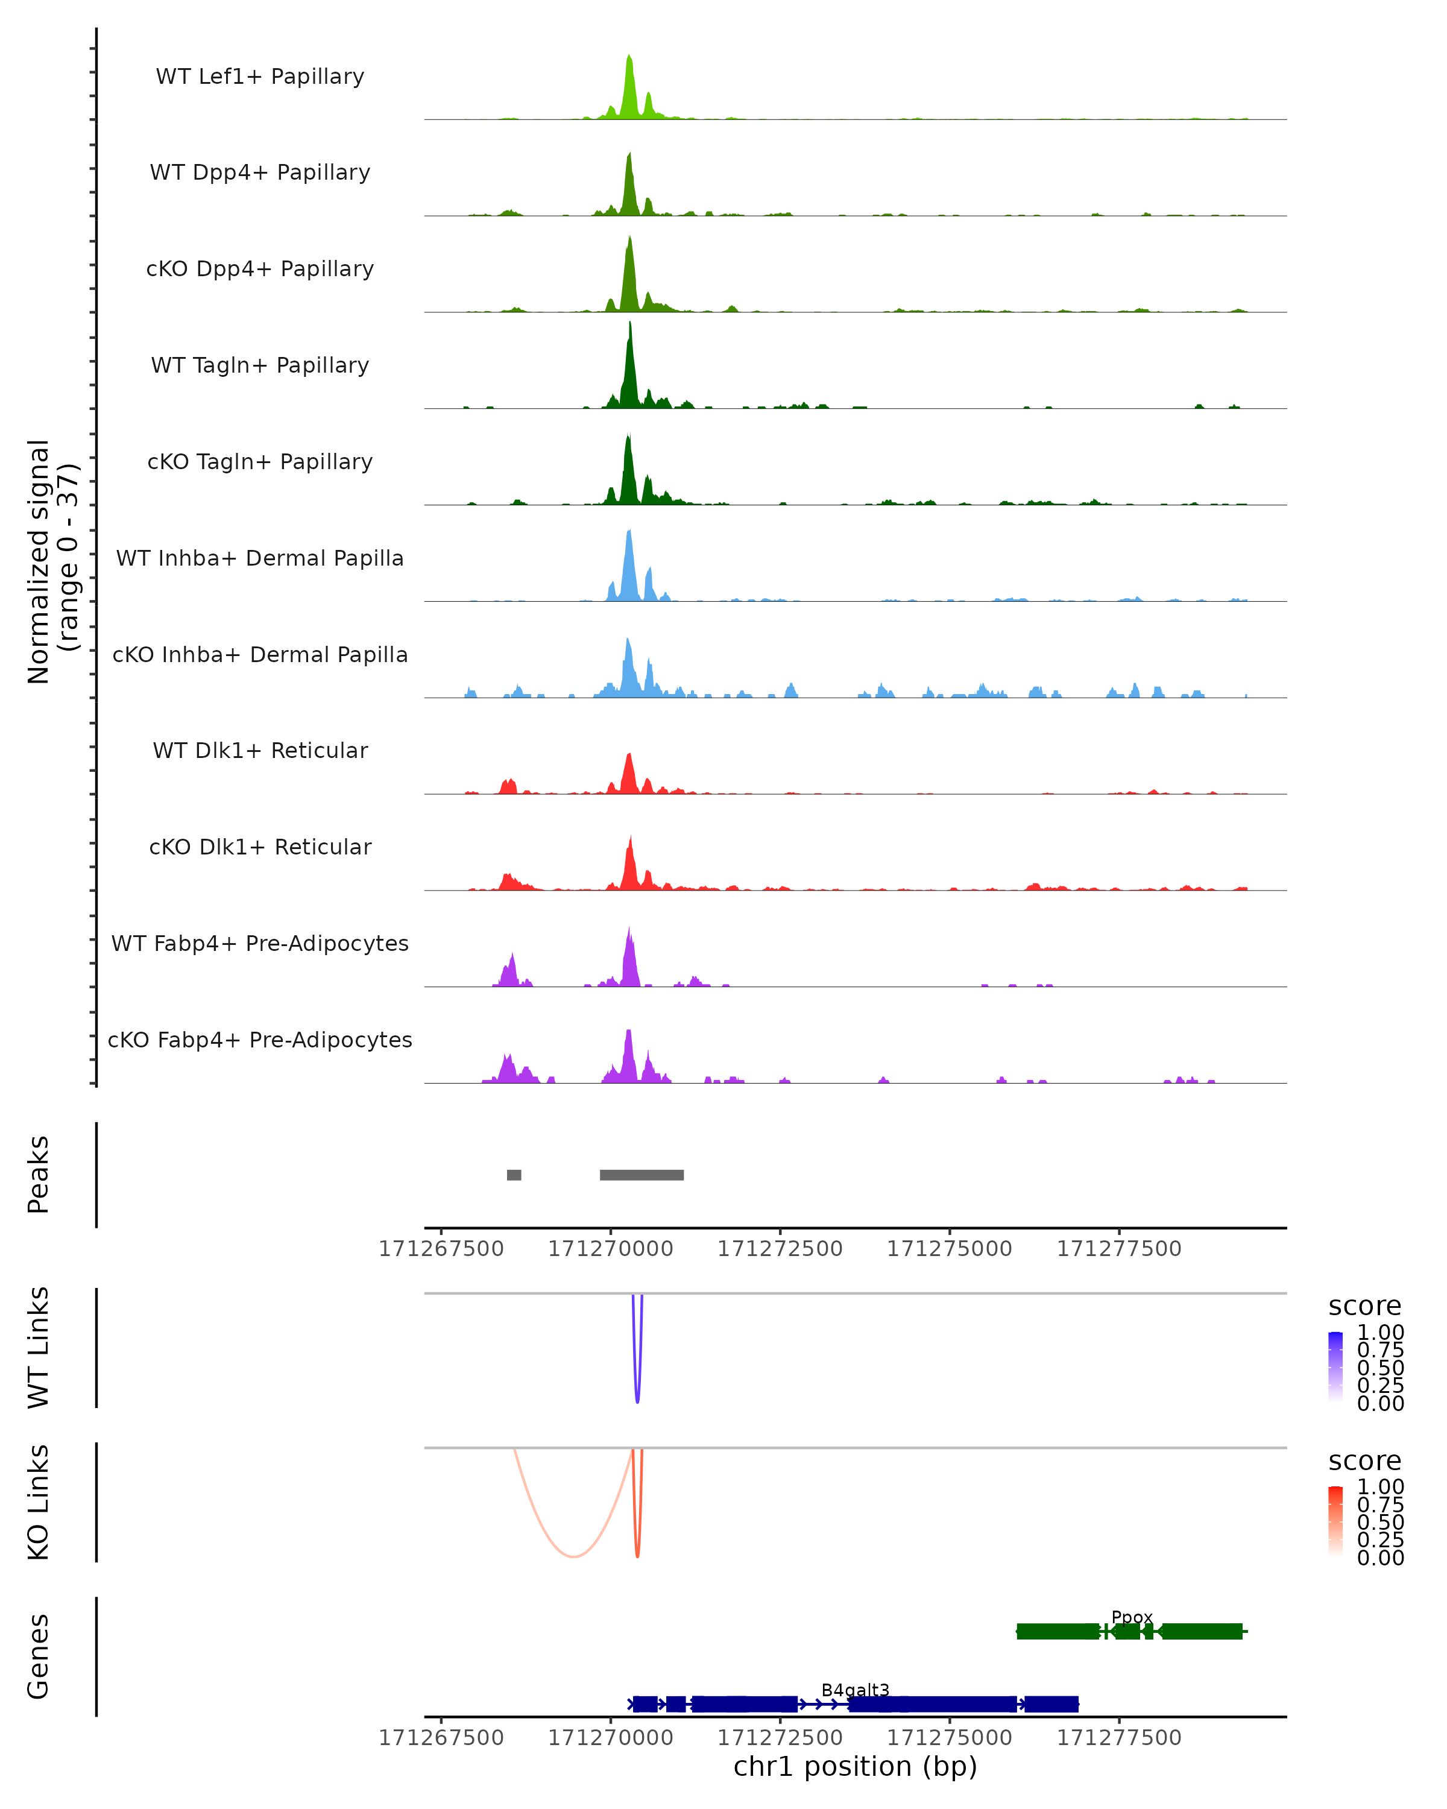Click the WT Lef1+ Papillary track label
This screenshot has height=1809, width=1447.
coord(260,77)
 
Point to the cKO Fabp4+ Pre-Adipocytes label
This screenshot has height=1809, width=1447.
coord(260,1040)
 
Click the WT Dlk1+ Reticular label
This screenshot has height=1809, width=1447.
coord(260,750)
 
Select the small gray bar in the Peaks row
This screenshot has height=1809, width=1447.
coord(514,1175)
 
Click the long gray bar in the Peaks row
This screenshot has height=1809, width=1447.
coord(642,1175)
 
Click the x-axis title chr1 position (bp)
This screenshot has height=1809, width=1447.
coord(855,1766)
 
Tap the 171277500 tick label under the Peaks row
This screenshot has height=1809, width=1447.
coord(1119,1249)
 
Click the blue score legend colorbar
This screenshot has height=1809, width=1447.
coord(1335,1366)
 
